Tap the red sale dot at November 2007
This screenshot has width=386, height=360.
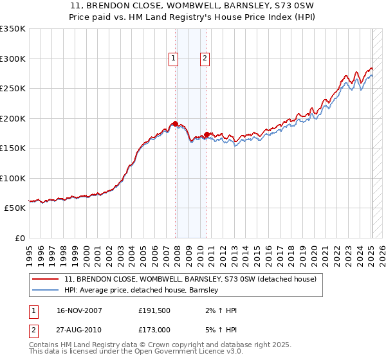[x=176, y=123]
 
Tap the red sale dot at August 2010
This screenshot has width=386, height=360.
[x=207, y=135]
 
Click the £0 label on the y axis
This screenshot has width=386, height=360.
[x=20, y=238]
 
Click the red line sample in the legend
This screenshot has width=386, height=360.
[x=46, y=280]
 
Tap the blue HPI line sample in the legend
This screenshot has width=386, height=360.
[x=46, y=291]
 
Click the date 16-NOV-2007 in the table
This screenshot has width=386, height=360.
[x=80, y=310]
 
